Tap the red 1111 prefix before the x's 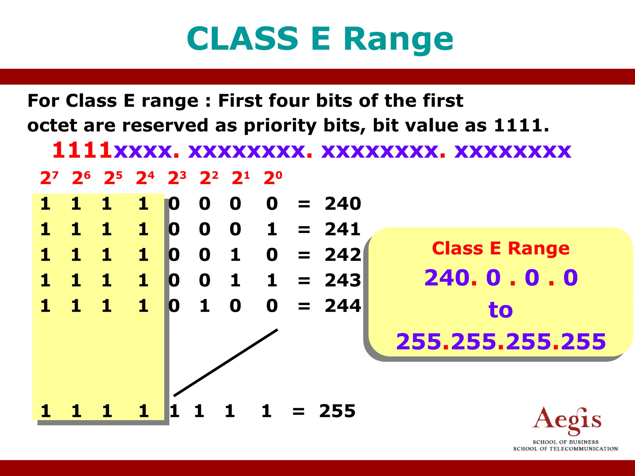(x=82, y=150)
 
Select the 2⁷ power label (x=49, y=178)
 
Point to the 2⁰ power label (x=273, y=178)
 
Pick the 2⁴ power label (x=145, y=178)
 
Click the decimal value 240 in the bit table (x=343, y=204)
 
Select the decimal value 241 (x=343, y=229)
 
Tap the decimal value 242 (x=343, y=255)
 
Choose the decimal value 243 (x=343, y=280)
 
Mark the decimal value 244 (x=343, y=306)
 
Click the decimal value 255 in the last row (x=337, y=411)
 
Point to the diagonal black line (x=226, y=363)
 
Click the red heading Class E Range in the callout (x=500, y=249)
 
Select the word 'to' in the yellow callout (x=500, y=310)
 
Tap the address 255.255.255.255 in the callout (x=500, y=342)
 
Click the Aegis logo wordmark (x=566, y=421)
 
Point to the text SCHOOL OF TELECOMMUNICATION (x=566, y=449)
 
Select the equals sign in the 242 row (x=304, y=255)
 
